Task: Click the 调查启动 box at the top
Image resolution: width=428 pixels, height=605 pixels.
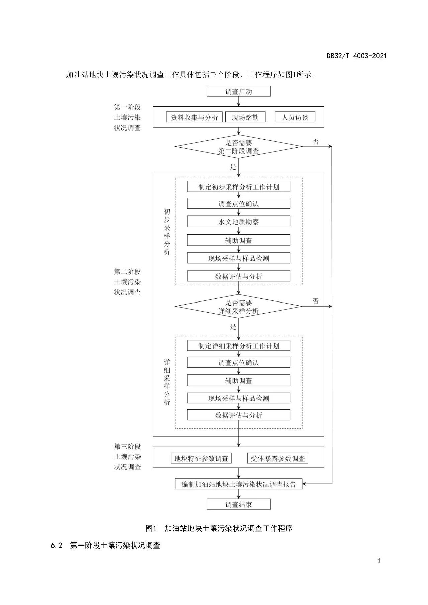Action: tap(238, 91)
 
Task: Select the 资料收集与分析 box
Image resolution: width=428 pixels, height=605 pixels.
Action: tap(194, 117)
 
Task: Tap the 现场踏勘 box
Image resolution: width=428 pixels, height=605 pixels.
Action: tap(245, 117)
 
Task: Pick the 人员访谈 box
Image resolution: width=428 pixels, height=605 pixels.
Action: tap(295, 117)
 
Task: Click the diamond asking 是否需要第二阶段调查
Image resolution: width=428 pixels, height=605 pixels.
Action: tap(238, 147)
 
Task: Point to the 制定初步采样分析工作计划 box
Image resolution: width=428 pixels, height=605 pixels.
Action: tap(238, 187)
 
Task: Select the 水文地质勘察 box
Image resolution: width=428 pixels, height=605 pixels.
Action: tap(238, 222)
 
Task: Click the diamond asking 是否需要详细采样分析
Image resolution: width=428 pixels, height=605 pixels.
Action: tap(238, 307)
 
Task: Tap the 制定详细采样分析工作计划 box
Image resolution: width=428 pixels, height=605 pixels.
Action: tap(238, 346)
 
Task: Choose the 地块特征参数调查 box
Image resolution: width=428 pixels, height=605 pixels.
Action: tap(201, 458)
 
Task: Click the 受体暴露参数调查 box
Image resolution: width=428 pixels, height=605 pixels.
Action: tap(278, 458)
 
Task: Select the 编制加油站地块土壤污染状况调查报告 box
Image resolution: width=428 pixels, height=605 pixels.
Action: tap(238, 484)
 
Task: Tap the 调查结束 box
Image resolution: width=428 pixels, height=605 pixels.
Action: tap(238, 504)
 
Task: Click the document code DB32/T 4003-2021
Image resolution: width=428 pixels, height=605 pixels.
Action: tap(356, 56)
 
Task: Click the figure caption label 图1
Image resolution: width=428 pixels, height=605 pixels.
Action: tap(151, 528)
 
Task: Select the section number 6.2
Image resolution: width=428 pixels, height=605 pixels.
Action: tap(57, 546)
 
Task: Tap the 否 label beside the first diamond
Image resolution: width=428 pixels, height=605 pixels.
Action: tap(316, 142)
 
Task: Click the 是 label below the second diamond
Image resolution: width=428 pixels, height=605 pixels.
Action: tap(233, 327)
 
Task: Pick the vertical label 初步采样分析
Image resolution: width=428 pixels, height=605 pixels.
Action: tap(167, 231)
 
